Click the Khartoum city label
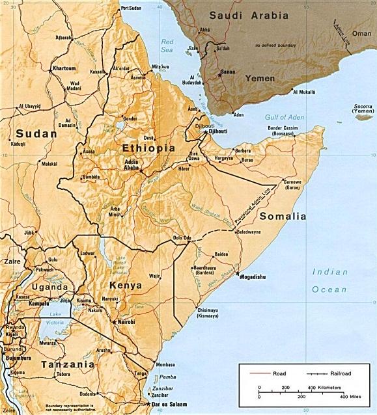point(65,68)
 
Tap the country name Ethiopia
point(149,148)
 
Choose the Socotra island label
point(361,107)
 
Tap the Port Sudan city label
point(131,8)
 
